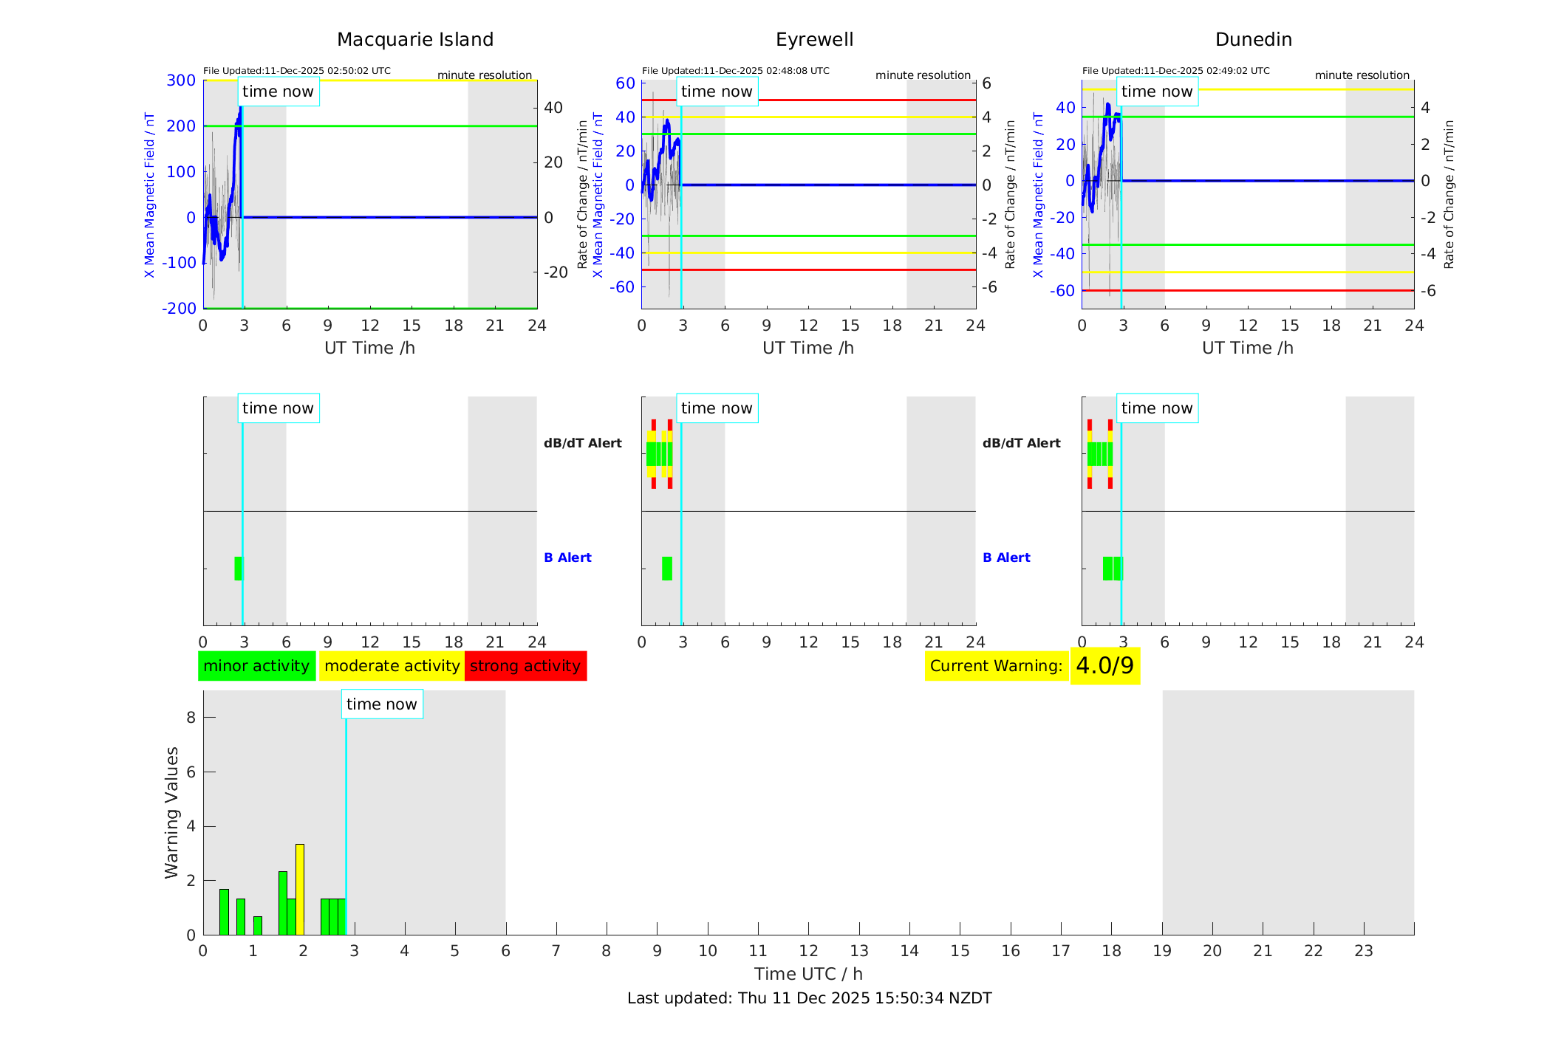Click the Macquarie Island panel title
[415, 40]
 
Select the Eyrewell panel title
[814, 40]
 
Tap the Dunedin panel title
[1253, 40]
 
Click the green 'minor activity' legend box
[256, 666]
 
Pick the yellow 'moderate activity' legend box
[392, 666]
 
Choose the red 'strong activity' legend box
[525, 666]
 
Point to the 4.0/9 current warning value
[1104, 666]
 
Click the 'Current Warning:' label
[996, 666]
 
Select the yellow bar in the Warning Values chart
[300, 889]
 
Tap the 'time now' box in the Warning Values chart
[382, 704]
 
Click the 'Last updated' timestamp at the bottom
[809, 998]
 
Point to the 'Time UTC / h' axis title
[808, 974]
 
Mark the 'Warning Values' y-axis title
[172, 812]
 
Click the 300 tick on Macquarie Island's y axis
[181, 80]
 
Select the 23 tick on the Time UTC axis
[1363, 951]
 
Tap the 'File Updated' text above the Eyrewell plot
[735, 71]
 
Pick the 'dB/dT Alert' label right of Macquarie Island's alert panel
[582, 443]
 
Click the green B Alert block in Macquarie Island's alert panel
[238, 569]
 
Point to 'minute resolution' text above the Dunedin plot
[1362, 75]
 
